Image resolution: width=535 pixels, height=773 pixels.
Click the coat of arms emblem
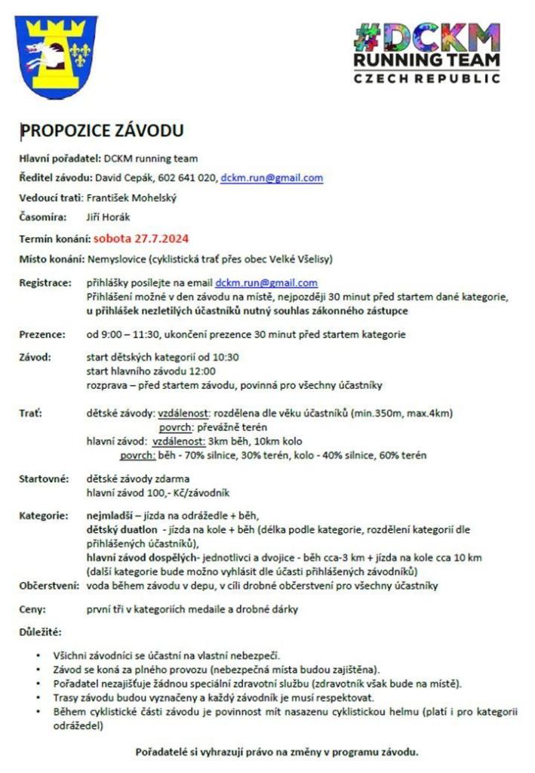point(57,54)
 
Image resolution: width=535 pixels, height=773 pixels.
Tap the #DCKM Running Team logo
point(426,53)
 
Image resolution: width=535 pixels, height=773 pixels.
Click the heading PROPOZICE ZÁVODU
point(102,131)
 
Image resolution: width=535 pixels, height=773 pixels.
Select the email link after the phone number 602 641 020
point(272,178)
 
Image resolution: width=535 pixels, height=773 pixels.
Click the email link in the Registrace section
point(266,283)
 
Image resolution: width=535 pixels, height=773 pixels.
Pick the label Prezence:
point(42,334)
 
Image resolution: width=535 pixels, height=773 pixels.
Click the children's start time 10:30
point(226,357)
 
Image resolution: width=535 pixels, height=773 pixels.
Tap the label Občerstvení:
point(48,586)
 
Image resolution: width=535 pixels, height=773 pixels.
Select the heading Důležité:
point(40,630)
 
